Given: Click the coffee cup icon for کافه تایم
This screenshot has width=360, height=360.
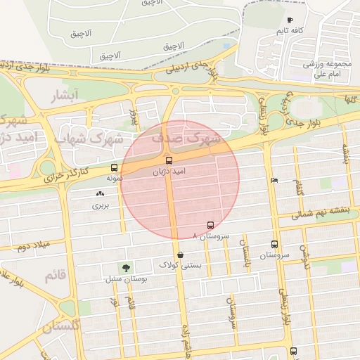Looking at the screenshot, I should point(290,20).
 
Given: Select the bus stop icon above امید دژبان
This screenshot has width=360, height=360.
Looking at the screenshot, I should point(168,160).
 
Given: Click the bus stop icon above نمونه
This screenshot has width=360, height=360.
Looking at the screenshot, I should point(115,168).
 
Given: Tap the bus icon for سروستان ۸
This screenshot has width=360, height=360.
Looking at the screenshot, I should point(210,226).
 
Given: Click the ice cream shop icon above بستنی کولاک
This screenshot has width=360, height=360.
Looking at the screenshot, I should point(181,254).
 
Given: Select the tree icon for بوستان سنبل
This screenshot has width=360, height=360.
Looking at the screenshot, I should point(125,268).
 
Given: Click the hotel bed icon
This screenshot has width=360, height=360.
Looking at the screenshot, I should point(274,180).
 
